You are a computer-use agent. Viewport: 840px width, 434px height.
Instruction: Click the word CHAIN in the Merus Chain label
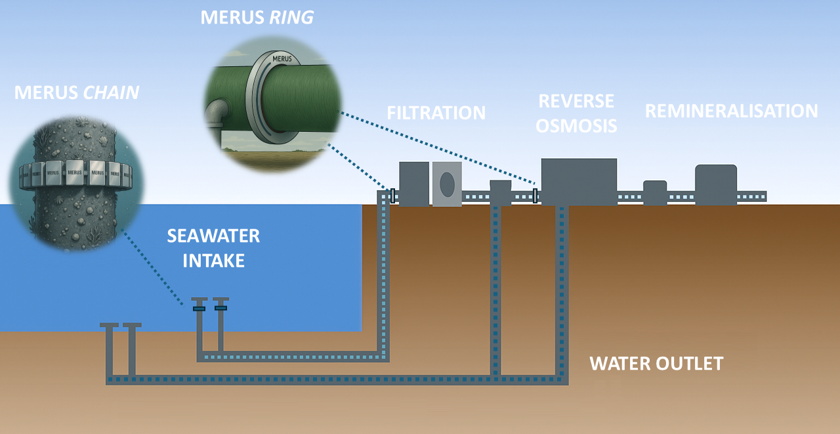pyautogui.click(x=111, y=92)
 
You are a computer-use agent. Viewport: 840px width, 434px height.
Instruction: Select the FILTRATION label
pyautogui.click(x=436, y=113)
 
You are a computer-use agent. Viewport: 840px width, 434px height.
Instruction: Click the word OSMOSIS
pyautogui.click(x=576, y=125)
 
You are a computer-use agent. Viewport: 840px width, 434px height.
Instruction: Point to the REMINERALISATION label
pyautogui.click(x=731, y=111)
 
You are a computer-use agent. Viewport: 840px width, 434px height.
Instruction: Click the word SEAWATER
pyautogui.click(x=213, y=236)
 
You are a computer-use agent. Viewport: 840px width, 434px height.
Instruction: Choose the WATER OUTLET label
pyautogui.click(x=656, y=363)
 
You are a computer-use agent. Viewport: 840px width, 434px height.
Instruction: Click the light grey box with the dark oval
pyautogui.click(x=447, y=184)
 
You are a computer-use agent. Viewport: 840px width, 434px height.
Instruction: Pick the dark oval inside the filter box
pyautogui.click(x=447, y=184)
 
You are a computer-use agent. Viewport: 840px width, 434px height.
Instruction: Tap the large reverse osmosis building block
pyautogui.click(x=579, y=182)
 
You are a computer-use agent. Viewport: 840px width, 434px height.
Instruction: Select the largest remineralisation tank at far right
pyautogui.click(x=716, y=184)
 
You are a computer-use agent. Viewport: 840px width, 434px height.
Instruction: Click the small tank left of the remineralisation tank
pyautogui.click(x=655, y=193)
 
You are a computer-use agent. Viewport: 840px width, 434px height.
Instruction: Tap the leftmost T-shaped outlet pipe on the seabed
pyautogui.click(x=109, y=347)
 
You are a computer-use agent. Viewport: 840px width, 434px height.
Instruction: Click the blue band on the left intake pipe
pyautogui.click(x=199, y=308)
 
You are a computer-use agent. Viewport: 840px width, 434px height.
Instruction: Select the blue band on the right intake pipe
pyautogui.click(x=220, y=307)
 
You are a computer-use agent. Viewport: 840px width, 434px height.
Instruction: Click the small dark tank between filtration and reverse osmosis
pyautogui.click(x=500, y=191)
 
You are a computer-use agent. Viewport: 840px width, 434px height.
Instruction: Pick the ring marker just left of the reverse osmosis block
pyautogui.click(x=535, y=195)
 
